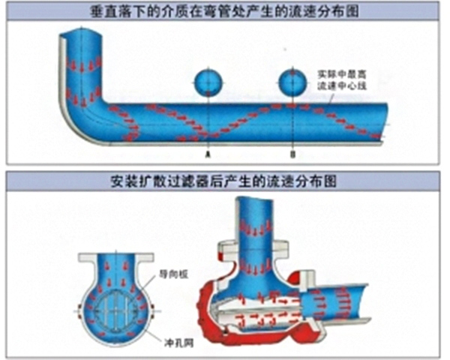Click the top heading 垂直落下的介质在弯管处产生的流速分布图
pyautogui.click(x=224, y=10)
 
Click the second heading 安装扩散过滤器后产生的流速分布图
pyautogui.click(x=224, y=182)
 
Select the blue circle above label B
pyautogui.click(x=293, y=80)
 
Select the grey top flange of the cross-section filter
pyautogui.click(x=116, y=257)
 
